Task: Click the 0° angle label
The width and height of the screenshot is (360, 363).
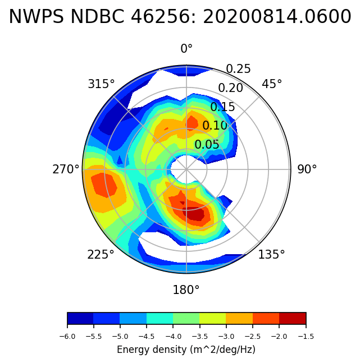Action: pyautogui.click(x=186, y=49)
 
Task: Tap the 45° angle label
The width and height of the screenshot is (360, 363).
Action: pyautogui.click(x=272, y=84)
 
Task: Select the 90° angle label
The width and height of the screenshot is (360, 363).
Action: pyautogui.click(x=307, y=169)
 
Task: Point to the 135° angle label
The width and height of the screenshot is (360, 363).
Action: pyautogui.click(x=271, y=255)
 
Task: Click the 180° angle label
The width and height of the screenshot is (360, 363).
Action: pyautogui.click(x=186, y=290)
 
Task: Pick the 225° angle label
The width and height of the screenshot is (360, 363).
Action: pyautogui.click(x=101, y=255)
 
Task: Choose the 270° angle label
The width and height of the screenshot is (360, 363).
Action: pyautogui.click(x=66, y=169)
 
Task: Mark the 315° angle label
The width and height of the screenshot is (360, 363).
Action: pyautogui.click(x=101, y=84)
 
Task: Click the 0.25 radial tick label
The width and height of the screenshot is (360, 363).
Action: pyautogui.click(x=238, y=69)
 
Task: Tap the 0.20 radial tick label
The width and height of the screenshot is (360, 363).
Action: pyautogui.click(x=230, y=88)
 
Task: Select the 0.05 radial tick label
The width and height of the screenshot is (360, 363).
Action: pyautogui.click(x=207, y=145)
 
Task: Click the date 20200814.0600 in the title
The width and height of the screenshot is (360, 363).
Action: pyautogui.click(x=277, y=17)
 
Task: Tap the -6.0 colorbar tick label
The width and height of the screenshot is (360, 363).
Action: pyautogui.click(x=67, y=337)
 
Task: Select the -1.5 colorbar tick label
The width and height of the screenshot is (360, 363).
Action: pyautogui.click(x=306, y=337)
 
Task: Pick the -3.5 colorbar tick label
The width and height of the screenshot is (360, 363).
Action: pyautogui.click(x=200, y=337)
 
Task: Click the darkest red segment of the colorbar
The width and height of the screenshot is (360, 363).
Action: pyautogui.click(x=293, y=319)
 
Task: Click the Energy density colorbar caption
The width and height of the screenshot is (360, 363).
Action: pyautogui.click(x=186, y=350)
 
